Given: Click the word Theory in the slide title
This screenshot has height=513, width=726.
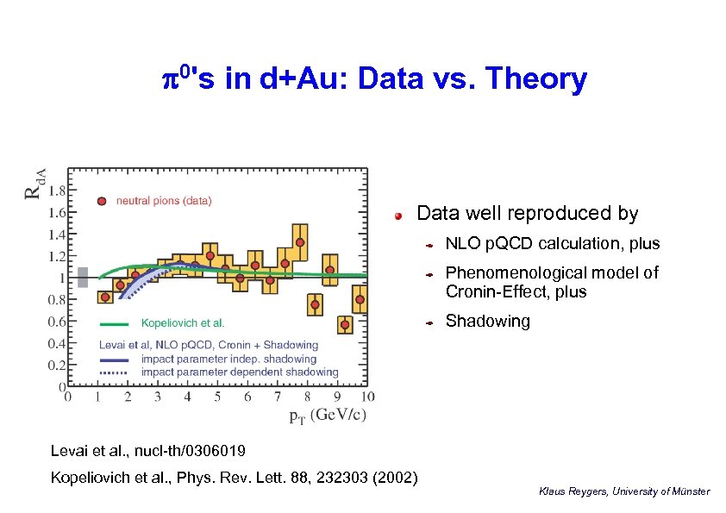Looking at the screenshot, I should point(536,79).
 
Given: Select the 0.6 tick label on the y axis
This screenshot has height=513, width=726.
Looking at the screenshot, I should point(54,322).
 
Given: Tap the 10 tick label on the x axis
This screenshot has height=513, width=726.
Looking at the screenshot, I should point(366,397).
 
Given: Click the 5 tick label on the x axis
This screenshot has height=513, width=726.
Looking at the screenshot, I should point(217,397).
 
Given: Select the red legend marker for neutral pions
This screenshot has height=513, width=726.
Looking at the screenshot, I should point(102,201).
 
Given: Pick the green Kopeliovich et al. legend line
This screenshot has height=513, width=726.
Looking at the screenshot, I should point(115,323).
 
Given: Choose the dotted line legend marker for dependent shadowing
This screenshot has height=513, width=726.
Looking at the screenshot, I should point(115,372).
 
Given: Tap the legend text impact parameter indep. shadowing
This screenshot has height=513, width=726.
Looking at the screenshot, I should point(228,359).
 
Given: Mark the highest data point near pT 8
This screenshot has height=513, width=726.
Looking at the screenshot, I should point(300,242).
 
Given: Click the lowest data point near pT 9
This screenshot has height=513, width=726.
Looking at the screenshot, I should point(345,325).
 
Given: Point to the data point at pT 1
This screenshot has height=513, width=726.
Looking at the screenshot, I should point(105,297).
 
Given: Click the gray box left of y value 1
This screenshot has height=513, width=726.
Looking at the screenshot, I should point(83,277).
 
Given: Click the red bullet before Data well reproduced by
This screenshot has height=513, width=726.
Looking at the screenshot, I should point(399,215).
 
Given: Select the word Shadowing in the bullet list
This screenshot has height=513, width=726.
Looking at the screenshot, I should point(487,322).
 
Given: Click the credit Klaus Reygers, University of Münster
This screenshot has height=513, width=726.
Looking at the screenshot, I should point(623,491).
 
